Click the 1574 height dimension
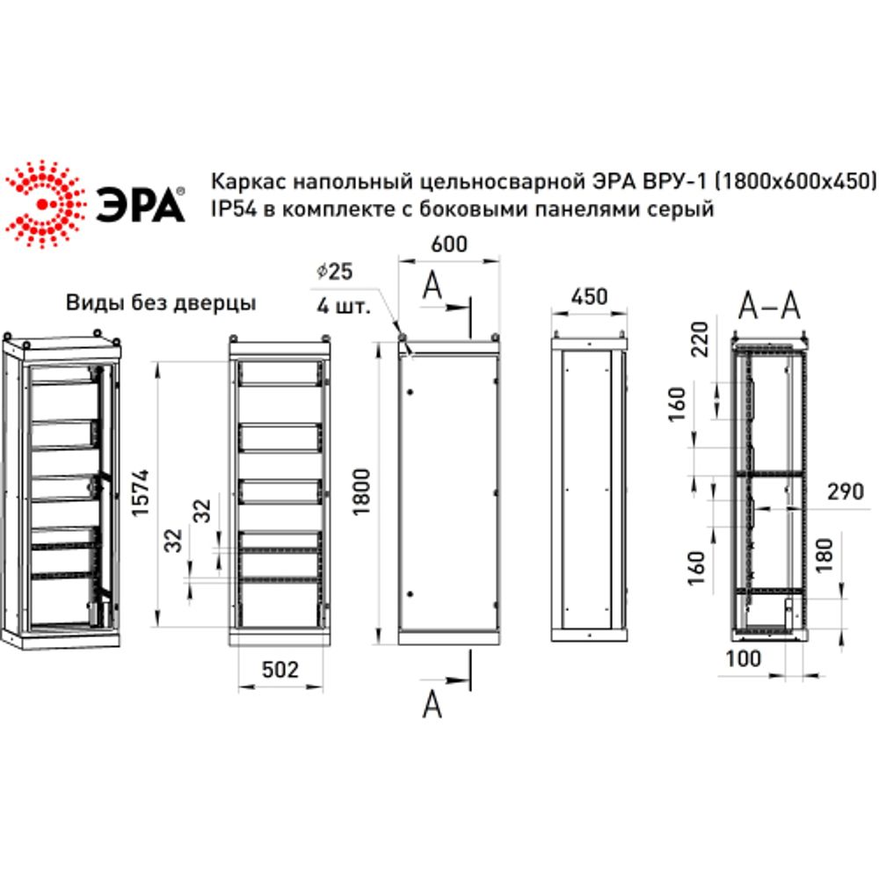click(x=144, y=495)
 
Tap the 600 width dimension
click(x=449, y=245)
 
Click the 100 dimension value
click(x=743, y=658)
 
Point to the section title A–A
click(x=768, y=305)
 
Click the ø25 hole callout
click(x=335, y=272)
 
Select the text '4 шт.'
click(x=342, y=307)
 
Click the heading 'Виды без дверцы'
click(x=162, y=304)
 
